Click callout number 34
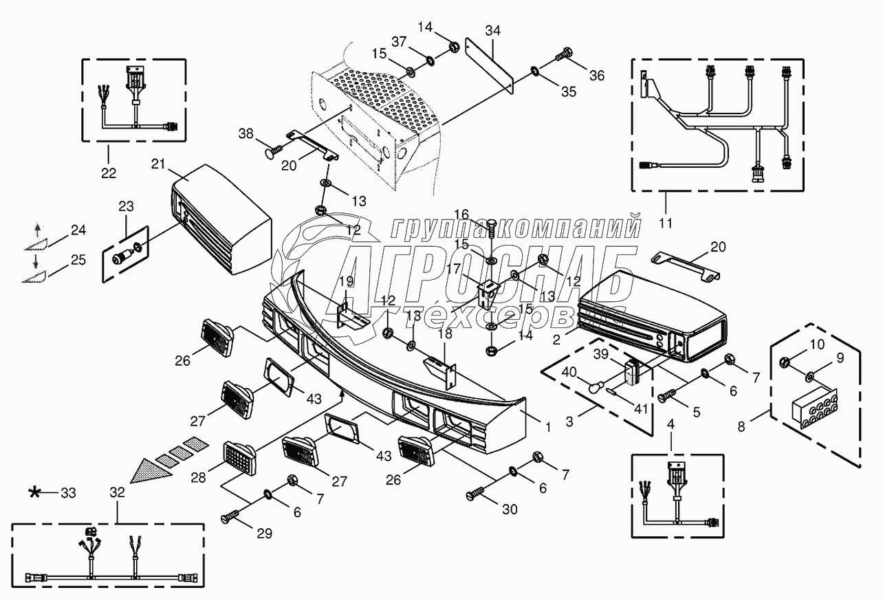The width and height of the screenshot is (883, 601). tap(492, 30)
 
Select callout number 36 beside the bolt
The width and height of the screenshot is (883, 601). tap(597, 76)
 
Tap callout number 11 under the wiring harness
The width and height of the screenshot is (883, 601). tap(666, 223)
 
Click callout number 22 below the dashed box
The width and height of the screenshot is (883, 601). tap(109, 172)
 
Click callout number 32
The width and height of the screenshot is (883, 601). tap(117, 492)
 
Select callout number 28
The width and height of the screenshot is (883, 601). tap(197, 477)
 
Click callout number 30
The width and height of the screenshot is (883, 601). tap(510, 510)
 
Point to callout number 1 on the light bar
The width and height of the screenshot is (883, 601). tap(548, 427)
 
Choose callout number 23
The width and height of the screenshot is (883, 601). tap(127, 206)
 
